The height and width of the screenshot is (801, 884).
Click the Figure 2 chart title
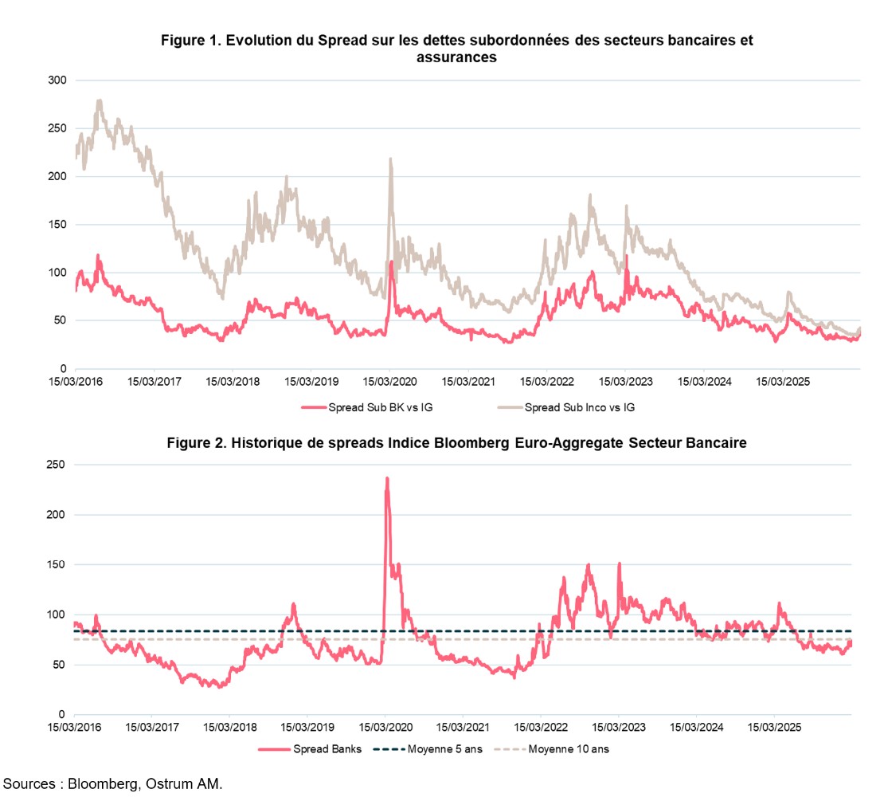pyautogui.click(x=456, y=444)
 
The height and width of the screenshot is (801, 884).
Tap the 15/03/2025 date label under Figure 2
pyautogui.click(x=775, y=728)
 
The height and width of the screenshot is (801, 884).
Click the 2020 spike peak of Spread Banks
pyautogui.click(x=387, y=478)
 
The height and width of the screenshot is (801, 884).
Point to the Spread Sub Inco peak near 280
pyautogui.click(x=100, y=100)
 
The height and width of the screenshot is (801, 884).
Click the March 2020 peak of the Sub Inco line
pyautogui.click(x=391, y=159)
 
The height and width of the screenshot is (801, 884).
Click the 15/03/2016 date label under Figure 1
pyautogui.click(x=76, y=381)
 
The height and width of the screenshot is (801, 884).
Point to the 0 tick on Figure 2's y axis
pyautogui.click(x=60, y=714)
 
